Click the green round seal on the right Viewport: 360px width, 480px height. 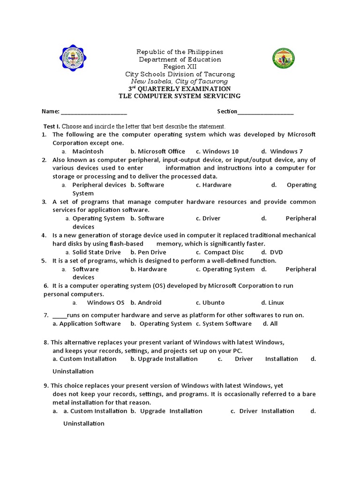pyautogui.click(x=285, y=59)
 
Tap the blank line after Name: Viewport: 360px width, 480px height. pyautogui.click(x=94, y=112)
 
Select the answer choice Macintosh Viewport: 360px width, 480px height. pyautogui.click(x=88, y=151)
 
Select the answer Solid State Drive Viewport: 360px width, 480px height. pyautogui.click(x=97, y=252)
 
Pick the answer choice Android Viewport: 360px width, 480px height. pyautogui.click(x=150, y=303)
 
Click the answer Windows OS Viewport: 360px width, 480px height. pyautogui.click(x=105, y=303)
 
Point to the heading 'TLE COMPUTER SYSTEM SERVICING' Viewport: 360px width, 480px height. pyautogui.click(x=180, y=96)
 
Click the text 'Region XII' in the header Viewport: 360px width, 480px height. pyautogui.click(x=180, y=67)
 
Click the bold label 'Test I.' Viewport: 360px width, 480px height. pyautogui.click(x=52, y=127)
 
